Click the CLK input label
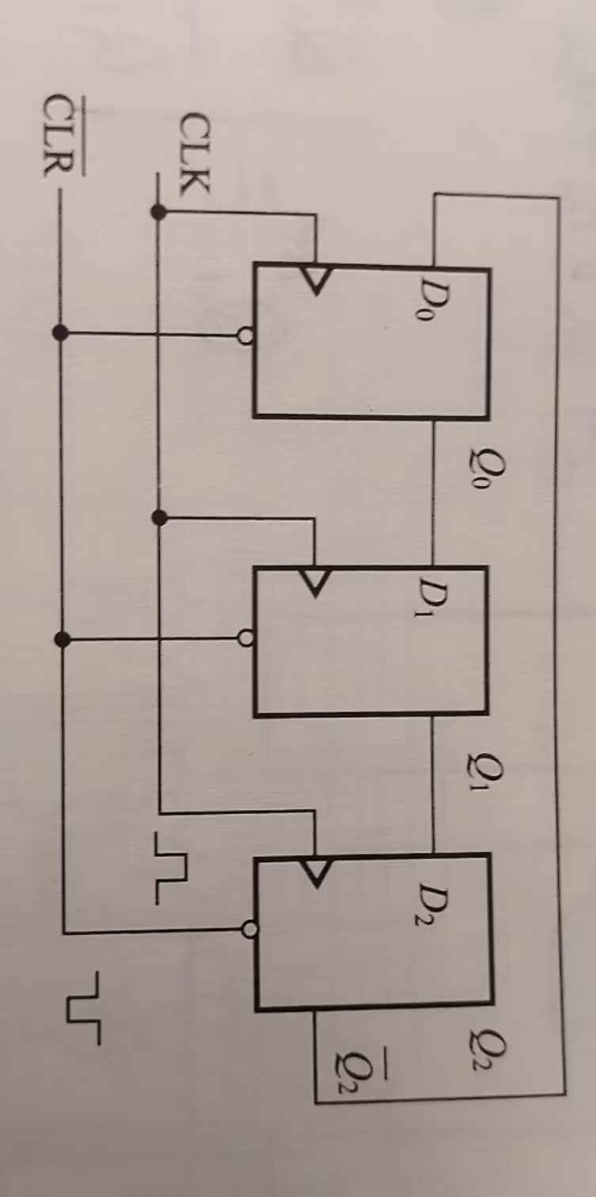(195, 154)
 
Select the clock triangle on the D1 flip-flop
(316, 583)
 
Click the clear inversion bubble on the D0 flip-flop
(245, 336)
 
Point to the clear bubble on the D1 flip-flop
(246, 637)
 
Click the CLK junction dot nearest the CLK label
(158, 211)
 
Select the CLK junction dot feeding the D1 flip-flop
(158, 518)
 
